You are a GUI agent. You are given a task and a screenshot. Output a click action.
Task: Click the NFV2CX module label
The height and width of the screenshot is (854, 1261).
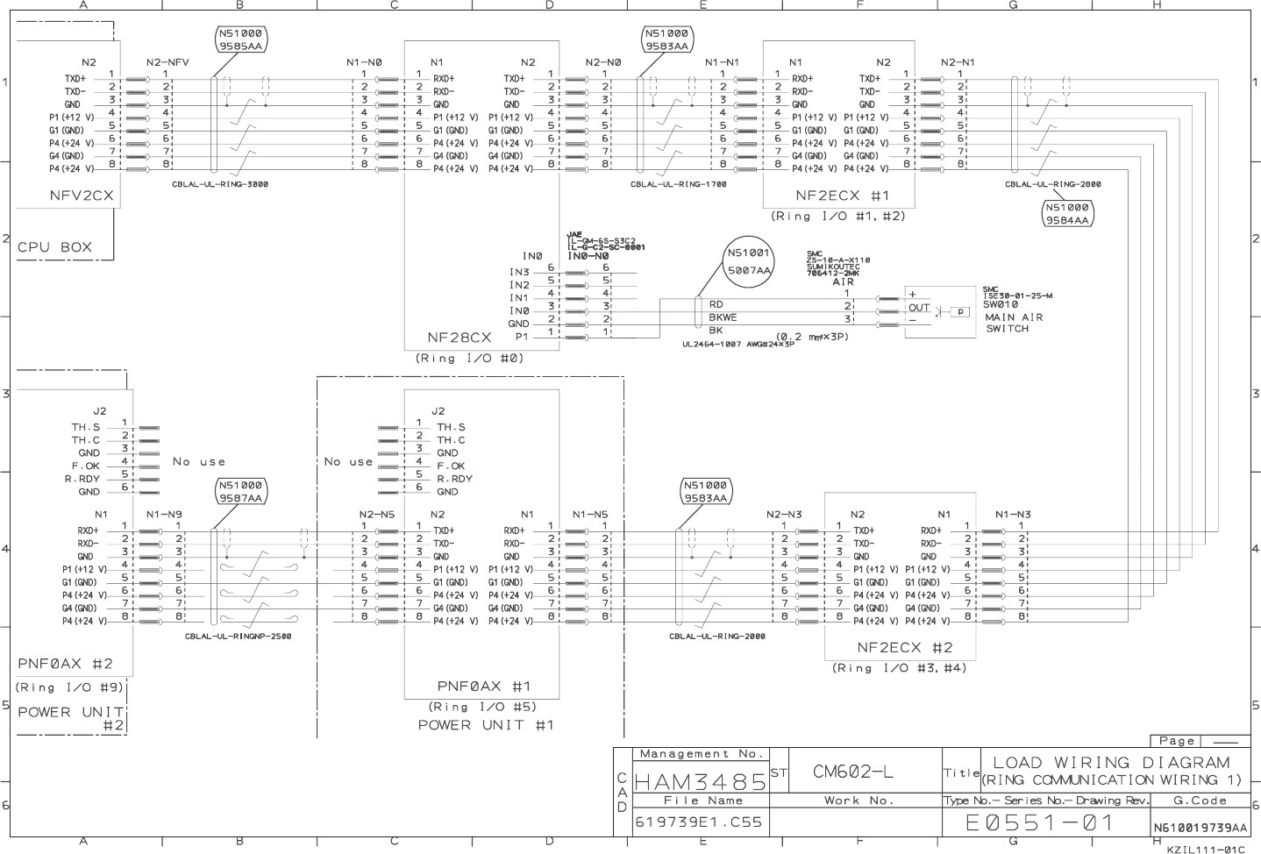(x=82, y=196)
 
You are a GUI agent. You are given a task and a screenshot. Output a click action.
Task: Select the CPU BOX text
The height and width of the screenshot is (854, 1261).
(x=54, y=247)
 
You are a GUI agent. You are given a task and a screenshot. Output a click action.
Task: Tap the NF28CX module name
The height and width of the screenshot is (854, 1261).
(x=459, y=337)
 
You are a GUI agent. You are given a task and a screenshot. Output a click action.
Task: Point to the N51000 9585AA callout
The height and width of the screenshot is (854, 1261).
(x=240, y=40)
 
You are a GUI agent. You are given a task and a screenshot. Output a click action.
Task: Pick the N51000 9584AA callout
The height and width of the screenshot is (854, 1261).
(x=1067, y=214)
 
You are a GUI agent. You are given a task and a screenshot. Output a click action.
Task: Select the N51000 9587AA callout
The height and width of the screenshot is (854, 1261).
(x=241, y=491)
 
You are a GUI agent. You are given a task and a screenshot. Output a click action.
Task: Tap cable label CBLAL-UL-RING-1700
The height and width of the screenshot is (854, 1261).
(x=678, y=185)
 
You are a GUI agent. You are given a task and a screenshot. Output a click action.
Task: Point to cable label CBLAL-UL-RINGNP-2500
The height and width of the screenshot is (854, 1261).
(x=238, y=637)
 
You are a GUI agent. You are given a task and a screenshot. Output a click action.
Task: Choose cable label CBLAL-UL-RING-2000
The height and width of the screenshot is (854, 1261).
(x=716, y=637)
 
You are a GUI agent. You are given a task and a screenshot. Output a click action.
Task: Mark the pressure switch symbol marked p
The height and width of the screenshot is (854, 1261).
(x=960, y=311)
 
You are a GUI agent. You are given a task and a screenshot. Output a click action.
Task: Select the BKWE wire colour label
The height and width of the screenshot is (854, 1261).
(x=723, y=317)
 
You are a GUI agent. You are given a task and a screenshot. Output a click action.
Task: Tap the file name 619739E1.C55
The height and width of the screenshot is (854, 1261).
(x=699, y=823)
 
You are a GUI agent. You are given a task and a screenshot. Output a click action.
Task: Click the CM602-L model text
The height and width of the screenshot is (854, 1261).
(x=852, y=772)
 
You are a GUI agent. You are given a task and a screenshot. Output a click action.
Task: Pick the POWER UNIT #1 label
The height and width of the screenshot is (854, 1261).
(x=485, y=725)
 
